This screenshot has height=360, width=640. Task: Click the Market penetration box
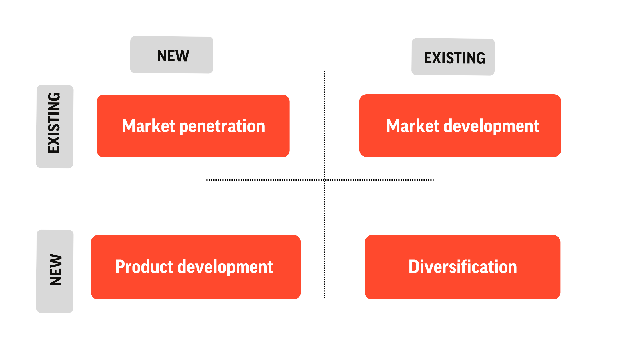click(x=193, y=126)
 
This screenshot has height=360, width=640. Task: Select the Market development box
click(x=460, y=125)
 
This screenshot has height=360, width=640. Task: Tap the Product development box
click(x=196, y=267)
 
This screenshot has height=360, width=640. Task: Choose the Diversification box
click(x=463, y=267)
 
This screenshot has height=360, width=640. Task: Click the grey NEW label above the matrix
click(x=172, y=55)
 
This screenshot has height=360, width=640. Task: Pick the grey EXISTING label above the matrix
click(x=453, y=57)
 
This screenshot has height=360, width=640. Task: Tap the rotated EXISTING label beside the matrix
click(x=55, y=127)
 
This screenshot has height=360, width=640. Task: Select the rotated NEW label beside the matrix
click(x=55, y=271)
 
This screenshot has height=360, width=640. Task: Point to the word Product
click(x=144, y=267)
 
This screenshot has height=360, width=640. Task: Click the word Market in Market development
click(x=413, y=126)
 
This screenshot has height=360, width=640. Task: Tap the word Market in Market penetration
click(x=149, y=126)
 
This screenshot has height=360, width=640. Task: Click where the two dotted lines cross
click(x=325, y=180)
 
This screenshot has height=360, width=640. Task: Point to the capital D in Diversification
click(x=415, y=267)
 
